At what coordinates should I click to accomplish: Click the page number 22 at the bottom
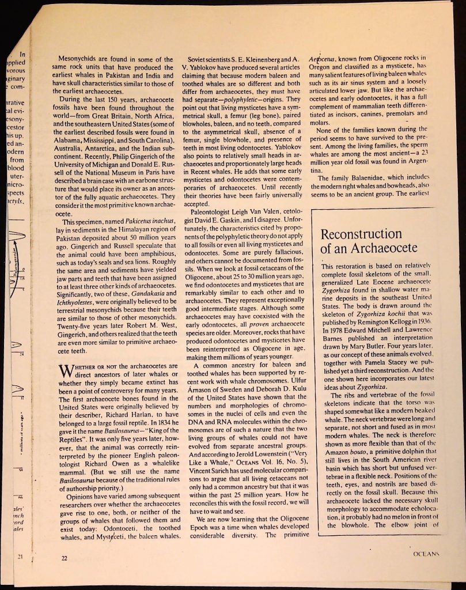tap(56, 557)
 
